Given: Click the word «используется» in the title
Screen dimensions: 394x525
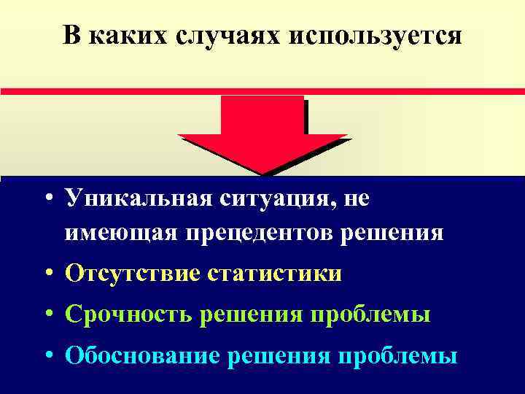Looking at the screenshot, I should (x=375, y=36).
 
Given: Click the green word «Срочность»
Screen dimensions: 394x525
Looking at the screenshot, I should (x=131, y=315).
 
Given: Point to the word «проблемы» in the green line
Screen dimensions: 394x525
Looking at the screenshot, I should (x=371, y=315).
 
